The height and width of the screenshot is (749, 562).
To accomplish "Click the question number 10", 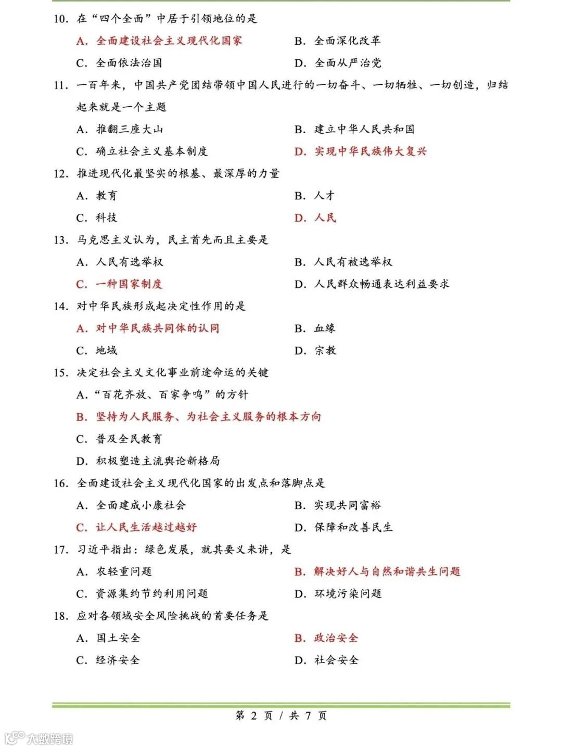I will (x=61, y=19).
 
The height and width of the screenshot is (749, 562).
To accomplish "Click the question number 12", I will (x=61, y=174).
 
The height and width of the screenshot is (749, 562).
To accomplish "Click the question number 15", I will (x=61, y=373).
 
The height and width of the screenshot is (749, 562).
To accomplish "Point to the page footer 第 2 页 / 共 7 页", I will (x=281, y=716).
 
